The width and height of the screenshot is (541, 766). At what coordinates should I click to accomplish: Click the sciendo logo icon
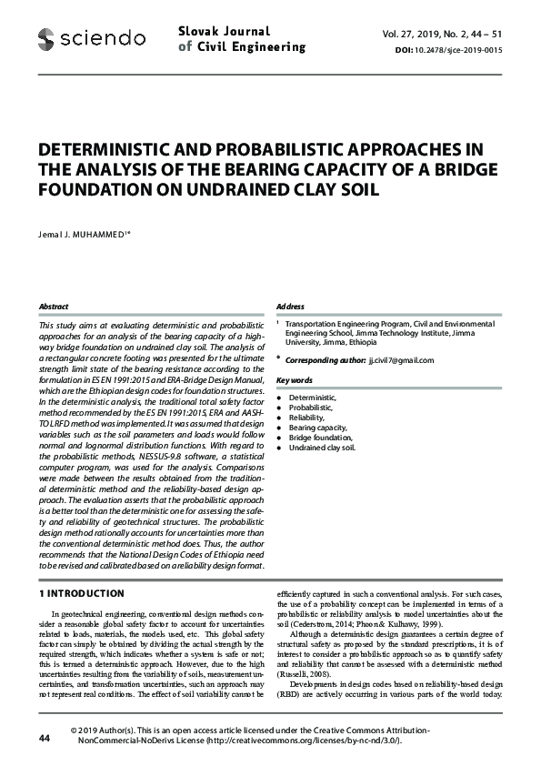46,38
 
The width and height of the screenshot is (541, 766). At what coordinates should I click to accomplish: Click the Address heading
290,307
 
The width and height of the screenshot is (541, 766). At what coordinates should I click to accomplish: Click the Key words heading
294,379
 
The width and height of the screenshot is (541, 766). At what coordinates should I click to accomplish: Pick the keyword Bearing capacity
319,427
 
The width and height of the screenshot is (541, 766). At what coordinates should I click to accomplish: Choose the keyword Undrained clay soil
323,448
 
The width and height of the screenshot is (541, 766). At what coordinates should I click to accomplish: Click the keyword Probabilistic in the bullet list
312,408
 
